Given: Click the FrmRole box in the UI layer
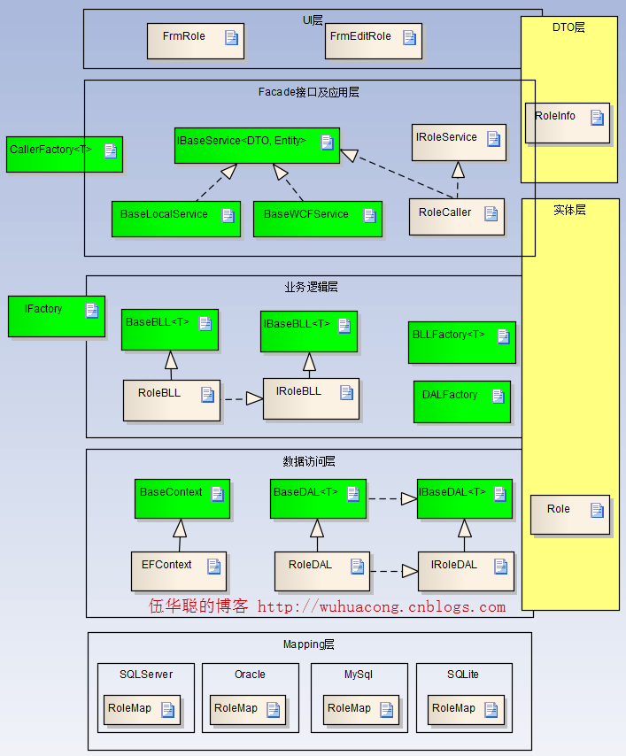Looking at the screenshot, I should click(195, 41).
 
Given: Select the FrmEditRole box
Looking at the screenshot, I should click(373, 41).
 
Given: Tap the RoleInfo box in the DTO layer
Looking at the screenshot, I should click(568, 122).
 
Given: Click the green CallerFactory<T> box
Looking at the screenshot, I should click(65, 154).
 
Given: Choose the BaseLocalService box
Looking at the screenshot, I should click(175, 219).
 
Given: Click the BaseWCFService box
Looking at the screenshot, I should click(317, 219).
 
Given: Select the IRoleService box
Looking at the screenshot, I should click(459, 142).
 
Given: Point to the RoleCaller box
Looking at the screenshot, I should click(456, 217).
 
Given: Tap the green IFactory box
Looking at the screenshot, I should click(57, 316).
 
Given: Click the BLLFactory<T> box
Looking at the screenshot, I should click(461, 342).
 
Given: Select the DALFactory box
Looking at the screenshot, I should click(461, 401).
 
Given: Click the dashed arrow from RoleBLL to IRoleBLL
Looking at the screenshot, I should click(242, 399).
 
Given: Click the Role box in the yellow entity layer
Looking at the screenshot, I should click(570, 514).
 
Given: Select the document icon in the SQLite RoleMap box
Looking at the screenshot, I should click(491, 709).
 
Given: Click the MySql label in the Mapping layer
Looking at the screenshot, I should click(358, 675).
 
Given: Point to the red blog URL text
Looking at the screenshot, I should click(382, 607).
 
